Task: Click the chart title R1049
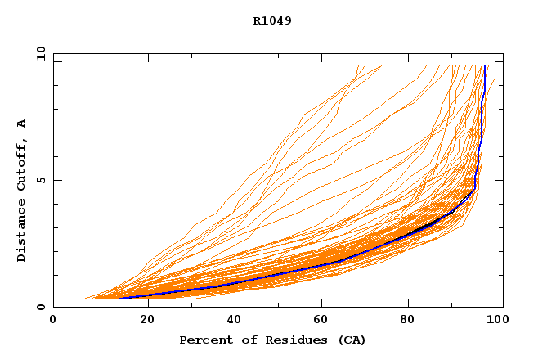click(x=272, y=20)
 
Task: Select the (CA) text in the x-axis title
click(x=349, y=340)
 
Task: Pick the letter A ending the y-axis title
click(x=21, y=124)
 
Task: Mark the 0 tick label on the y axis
click(x=42, y=308)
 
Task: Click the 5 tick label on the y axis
click(x=42, y=180)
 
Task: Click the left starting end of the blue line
click(x=119, y=298)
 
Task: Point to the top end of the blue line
click(x=485, y=66)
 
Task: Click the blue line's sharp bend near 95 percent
click(x=474, y=190)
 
